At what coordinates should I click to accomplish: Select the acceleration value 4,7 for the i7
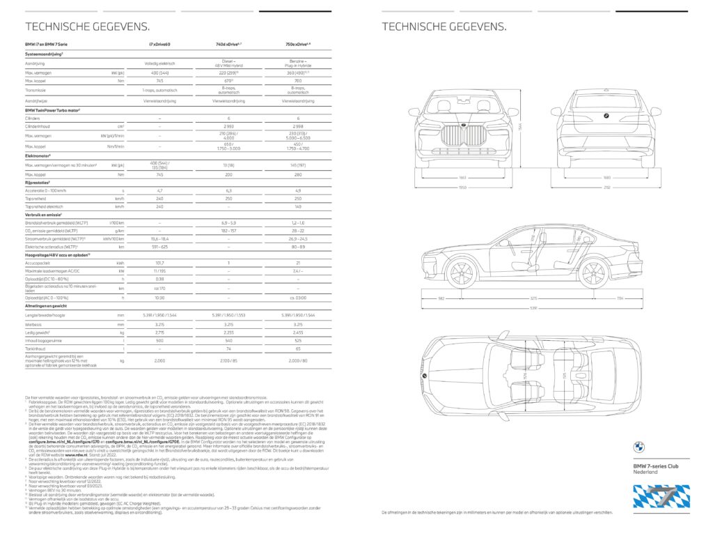[159, 190]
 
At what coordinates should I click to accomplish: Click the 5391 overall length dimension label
[533, 308]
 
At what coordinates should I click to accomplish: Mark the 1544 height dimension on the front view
[521, 126]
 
